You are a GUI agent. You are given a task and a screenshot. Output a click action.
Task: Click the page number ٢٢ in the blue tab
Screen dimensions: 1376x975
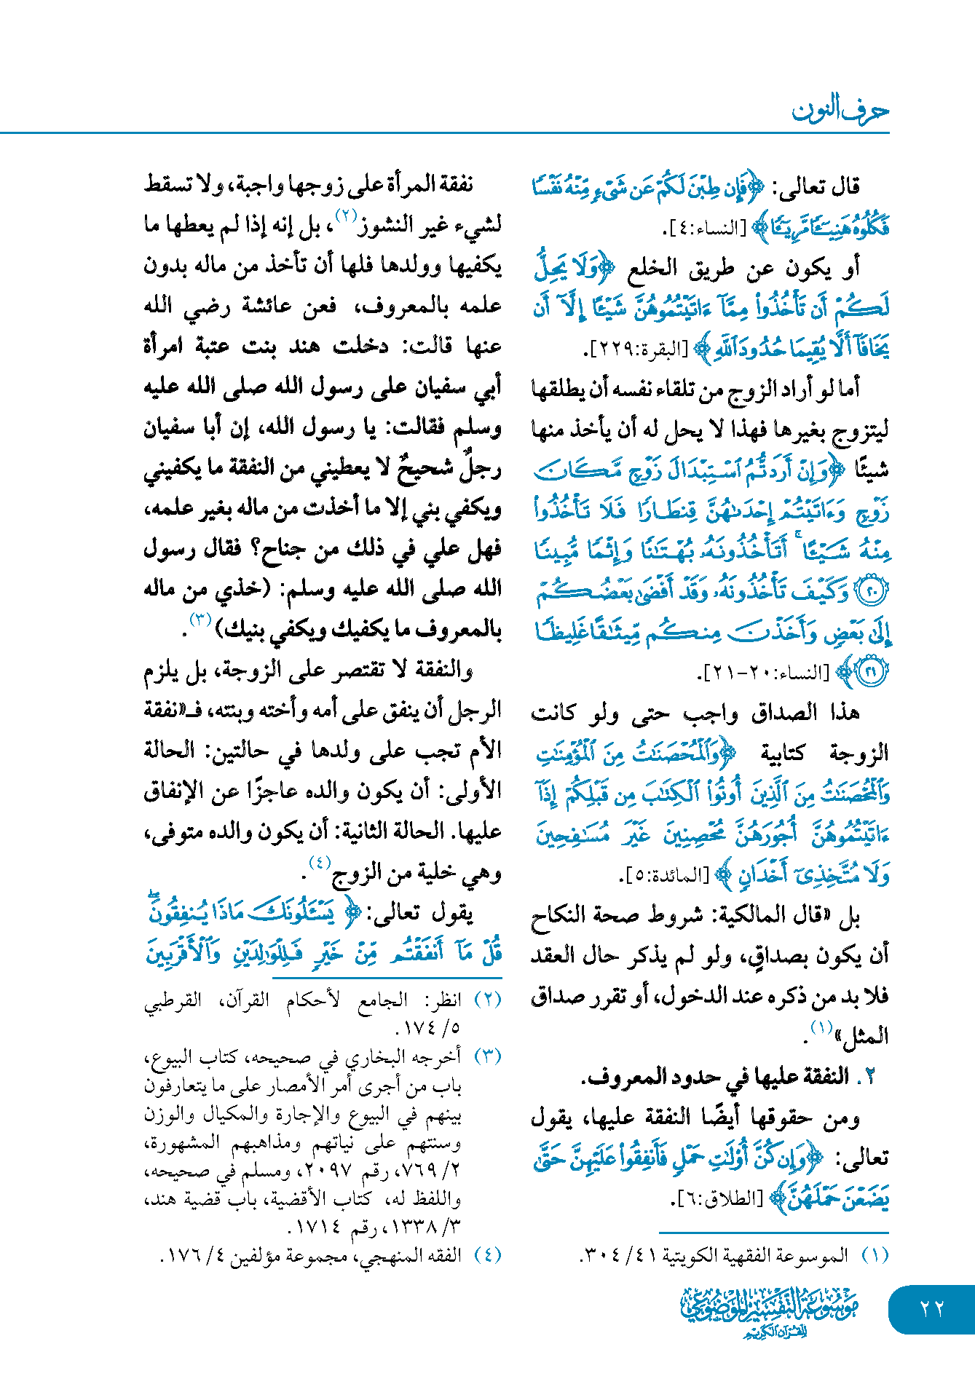[x=931, y=1308]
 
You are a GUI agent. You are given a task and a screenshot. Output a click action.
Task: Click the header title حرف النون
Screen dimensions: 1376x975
[x=840, y=110]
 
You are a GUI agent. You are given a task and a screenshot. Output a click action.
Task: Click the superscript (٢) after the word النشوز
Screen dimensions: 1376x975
[x=344, y=216]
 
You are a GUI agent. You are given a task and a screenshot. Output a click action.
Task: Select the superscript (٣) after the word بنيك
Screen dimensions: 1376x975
[x=200, y=620]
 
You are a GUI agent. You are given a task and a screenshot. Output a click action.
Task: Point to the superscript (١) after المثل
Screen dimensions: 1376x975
[x=822, y=1027]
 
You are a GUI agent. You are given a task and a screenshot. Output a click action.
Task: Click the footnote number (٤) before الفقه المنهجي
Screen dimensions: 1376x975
[x=487, y=1254]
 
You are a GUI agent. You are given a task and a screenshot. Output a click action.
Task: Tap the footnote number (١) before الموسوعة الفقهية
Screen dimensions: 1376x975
[x=875, y=1254]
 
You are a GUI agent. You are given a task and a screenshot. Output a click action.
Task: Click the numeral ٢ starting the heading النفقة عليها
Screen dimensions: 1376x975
[x=869, y=1077]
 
